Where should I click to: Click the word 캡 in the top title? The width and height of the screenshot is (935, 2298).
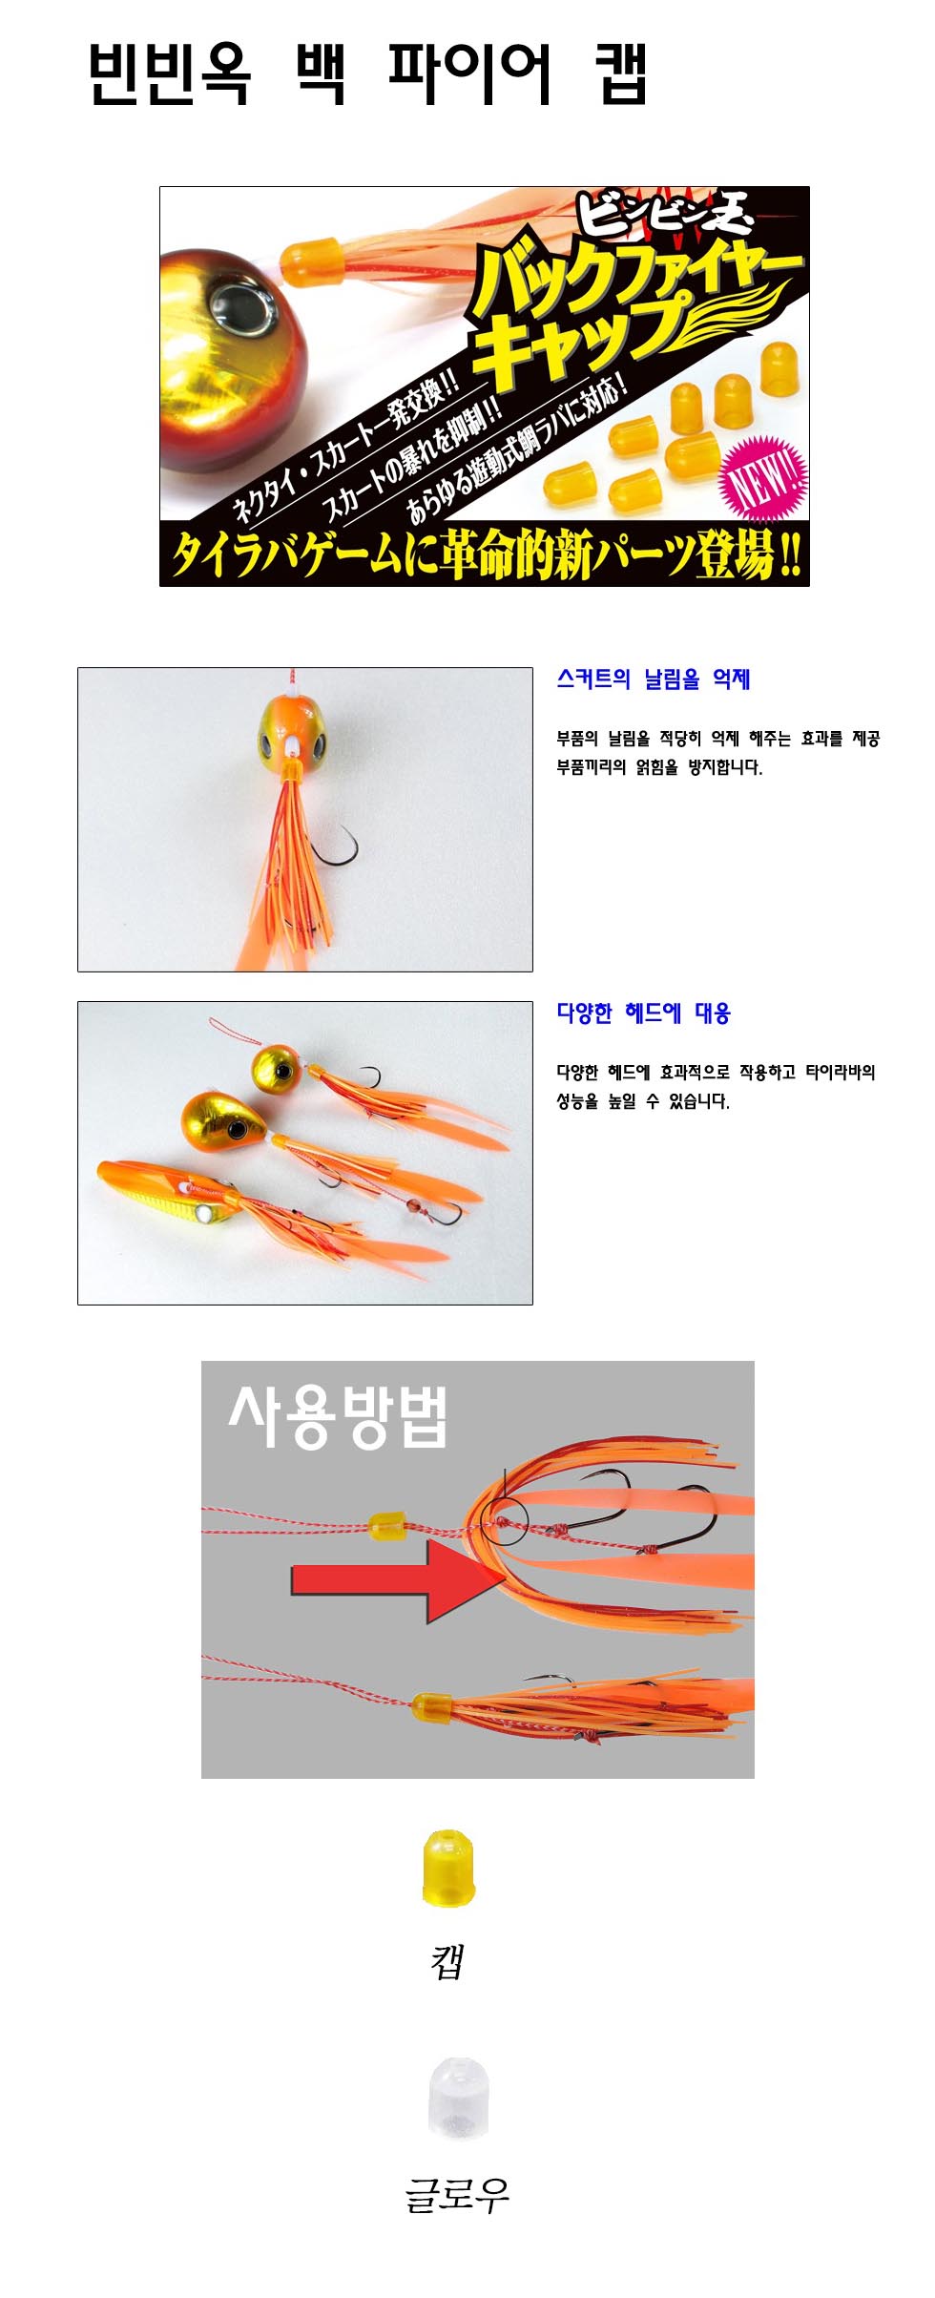(x=621, y=73)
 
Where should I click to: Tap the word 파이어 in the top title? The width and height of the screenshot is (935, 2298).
(x=469, y=73)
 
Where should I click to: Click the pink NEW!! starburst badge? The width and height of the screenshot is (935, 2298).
(x=764, y=478)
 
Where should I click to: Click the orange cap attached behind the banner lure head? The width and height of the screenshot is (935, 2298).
(x=312, y=261)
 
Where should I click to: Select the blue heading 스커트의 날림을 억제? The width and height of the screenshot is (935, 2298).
(x=654, y=679)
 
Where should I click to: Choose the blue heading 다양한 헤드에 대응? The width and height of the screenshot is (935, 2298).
(x=644, y=1013)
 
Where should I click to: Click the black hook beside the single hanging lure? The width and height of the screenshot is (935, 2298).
(x=336, y=847)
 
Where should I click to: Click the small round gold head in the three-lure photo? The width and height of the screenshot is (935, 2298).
(x=277, y=1070)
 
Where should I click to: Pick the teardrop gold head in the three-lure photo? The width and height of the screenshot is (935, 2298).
(x=225, y=1120)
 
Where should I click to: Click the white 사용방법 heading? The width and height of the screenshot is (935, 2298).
(x=338, y=1416)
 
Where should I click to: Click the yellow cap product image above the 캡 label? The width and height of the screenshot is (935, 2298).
(x=448, y=1868)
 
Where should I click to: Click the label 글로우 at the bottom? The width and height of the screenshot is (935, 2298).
(x=457, y=2194)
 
